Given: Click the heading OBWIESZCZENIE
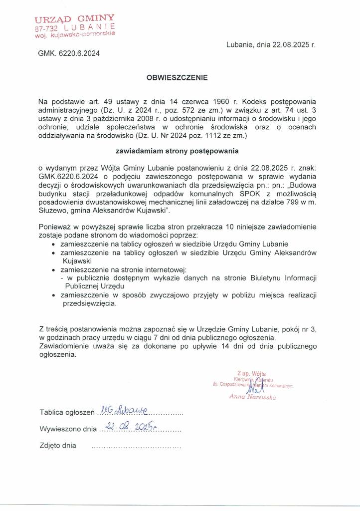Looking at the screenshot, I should [177, 78].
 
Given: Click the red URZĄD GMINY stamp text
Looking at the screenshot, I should [75, 19].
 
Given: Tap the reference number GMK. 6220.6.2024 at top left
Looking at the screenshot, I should [69, 53].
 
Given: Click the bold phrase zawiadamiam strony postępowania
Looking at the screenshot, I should [177, 150].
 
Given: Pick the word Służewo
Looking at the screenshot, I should [52, 210].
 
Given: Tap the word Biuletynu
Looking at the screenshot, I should [242, 278].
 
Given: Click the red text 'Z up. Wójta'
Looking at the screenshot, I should [251, 373].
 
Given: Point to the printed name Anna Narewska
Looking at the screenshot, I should [252, 397].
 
